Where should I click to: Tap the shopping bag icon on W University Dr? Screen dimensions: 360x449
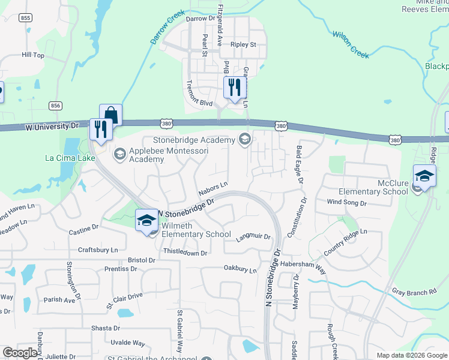point(110,114)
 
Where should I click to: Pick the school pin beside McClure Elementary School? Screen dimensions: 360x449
point(424,176)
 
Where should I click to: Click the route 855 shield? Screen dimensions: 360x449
point(25,19)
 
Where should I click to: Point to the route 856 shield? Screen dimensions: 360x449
point(55,106)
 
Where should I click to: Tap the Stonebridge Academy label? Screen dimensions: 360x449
point(197,140)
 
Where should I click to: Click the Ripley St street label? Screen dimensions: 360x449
point(243,44)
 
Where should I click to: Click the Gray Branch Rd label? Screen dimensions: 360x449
point(414,292)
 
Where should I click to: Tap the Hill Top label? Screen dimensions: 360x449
point(33,55)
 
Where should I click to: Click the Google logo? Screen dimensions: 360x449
point(20,353)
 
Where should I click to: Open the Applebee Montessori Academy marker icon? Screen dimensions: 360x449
point(119,155)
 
